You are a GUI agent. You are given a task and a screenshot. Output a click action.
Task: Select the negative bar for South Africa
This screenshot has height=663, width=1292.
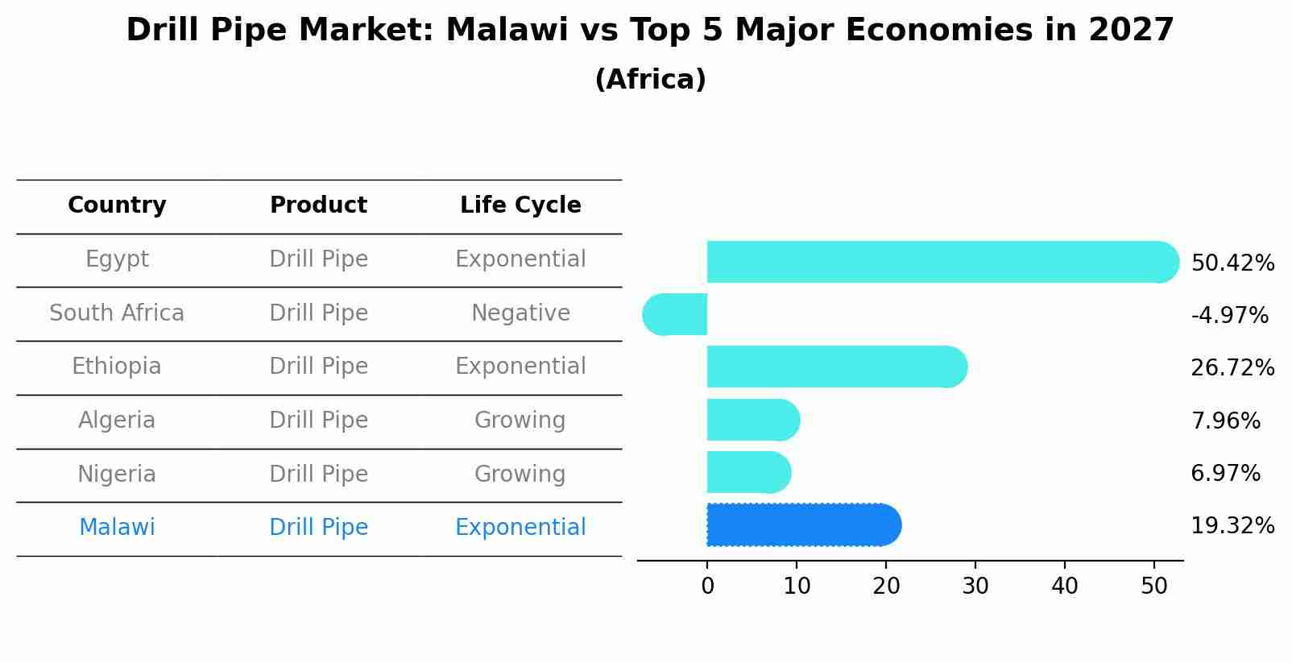[675, 314]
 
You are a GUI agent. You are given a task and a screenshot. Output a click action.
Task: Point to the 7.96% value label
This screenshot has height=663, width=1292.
[1225, 421]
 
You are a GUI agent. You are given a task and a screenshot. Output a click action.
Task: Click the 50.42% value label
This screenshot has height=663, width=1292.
[1232, 263]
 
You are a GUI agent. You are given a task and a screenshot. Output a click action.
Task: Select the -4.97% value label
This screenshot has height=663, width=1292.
[1229, 315]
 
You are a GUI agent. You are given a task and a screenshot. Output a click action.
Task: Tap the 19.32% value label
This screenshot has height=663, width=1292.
[1232, 526]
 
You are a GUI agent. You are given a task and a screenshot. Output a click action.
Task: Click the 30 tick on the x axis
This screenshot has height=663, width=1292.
[975, 586]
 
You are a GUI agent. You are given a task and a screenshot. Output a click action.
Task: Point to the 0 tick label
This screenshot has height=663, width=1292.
[707, 586]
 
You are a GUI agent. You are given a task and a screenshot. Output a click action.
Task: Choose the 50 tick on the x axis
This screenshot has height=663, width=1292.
[1154, 586]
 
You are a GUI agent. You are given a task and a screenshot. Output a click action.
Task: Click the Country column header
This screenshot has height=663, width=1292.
[117, 205]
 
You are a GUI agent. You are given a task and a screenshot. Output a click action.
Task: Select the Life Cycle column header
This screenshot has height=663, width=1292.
[520, 205]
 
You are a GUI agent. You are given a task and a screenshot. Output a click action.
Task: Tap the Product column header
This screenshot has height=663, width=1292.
[318, 205]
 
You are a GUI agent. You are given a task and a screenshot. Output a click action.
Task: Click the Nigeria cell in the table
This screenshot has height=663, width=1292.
[117, 474]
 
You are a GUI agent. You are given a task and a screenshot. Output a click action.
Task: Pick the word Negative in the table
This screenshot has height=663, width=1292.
[520, 313]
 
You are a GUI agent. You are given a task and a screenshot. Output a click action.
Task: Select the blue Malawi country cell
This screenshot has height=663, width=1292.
[117, 528]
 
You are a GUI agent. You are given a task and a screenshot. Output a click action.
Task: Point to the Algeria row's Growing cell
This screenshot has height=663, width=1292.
[520, 420]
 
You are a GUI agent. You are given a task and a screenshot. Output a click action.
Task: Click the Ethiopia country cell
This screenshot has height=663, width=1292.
[117, 367]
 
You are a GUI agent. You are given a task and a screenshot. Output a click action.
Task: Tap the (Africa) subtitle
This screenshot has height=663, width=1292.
[650, 79]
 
